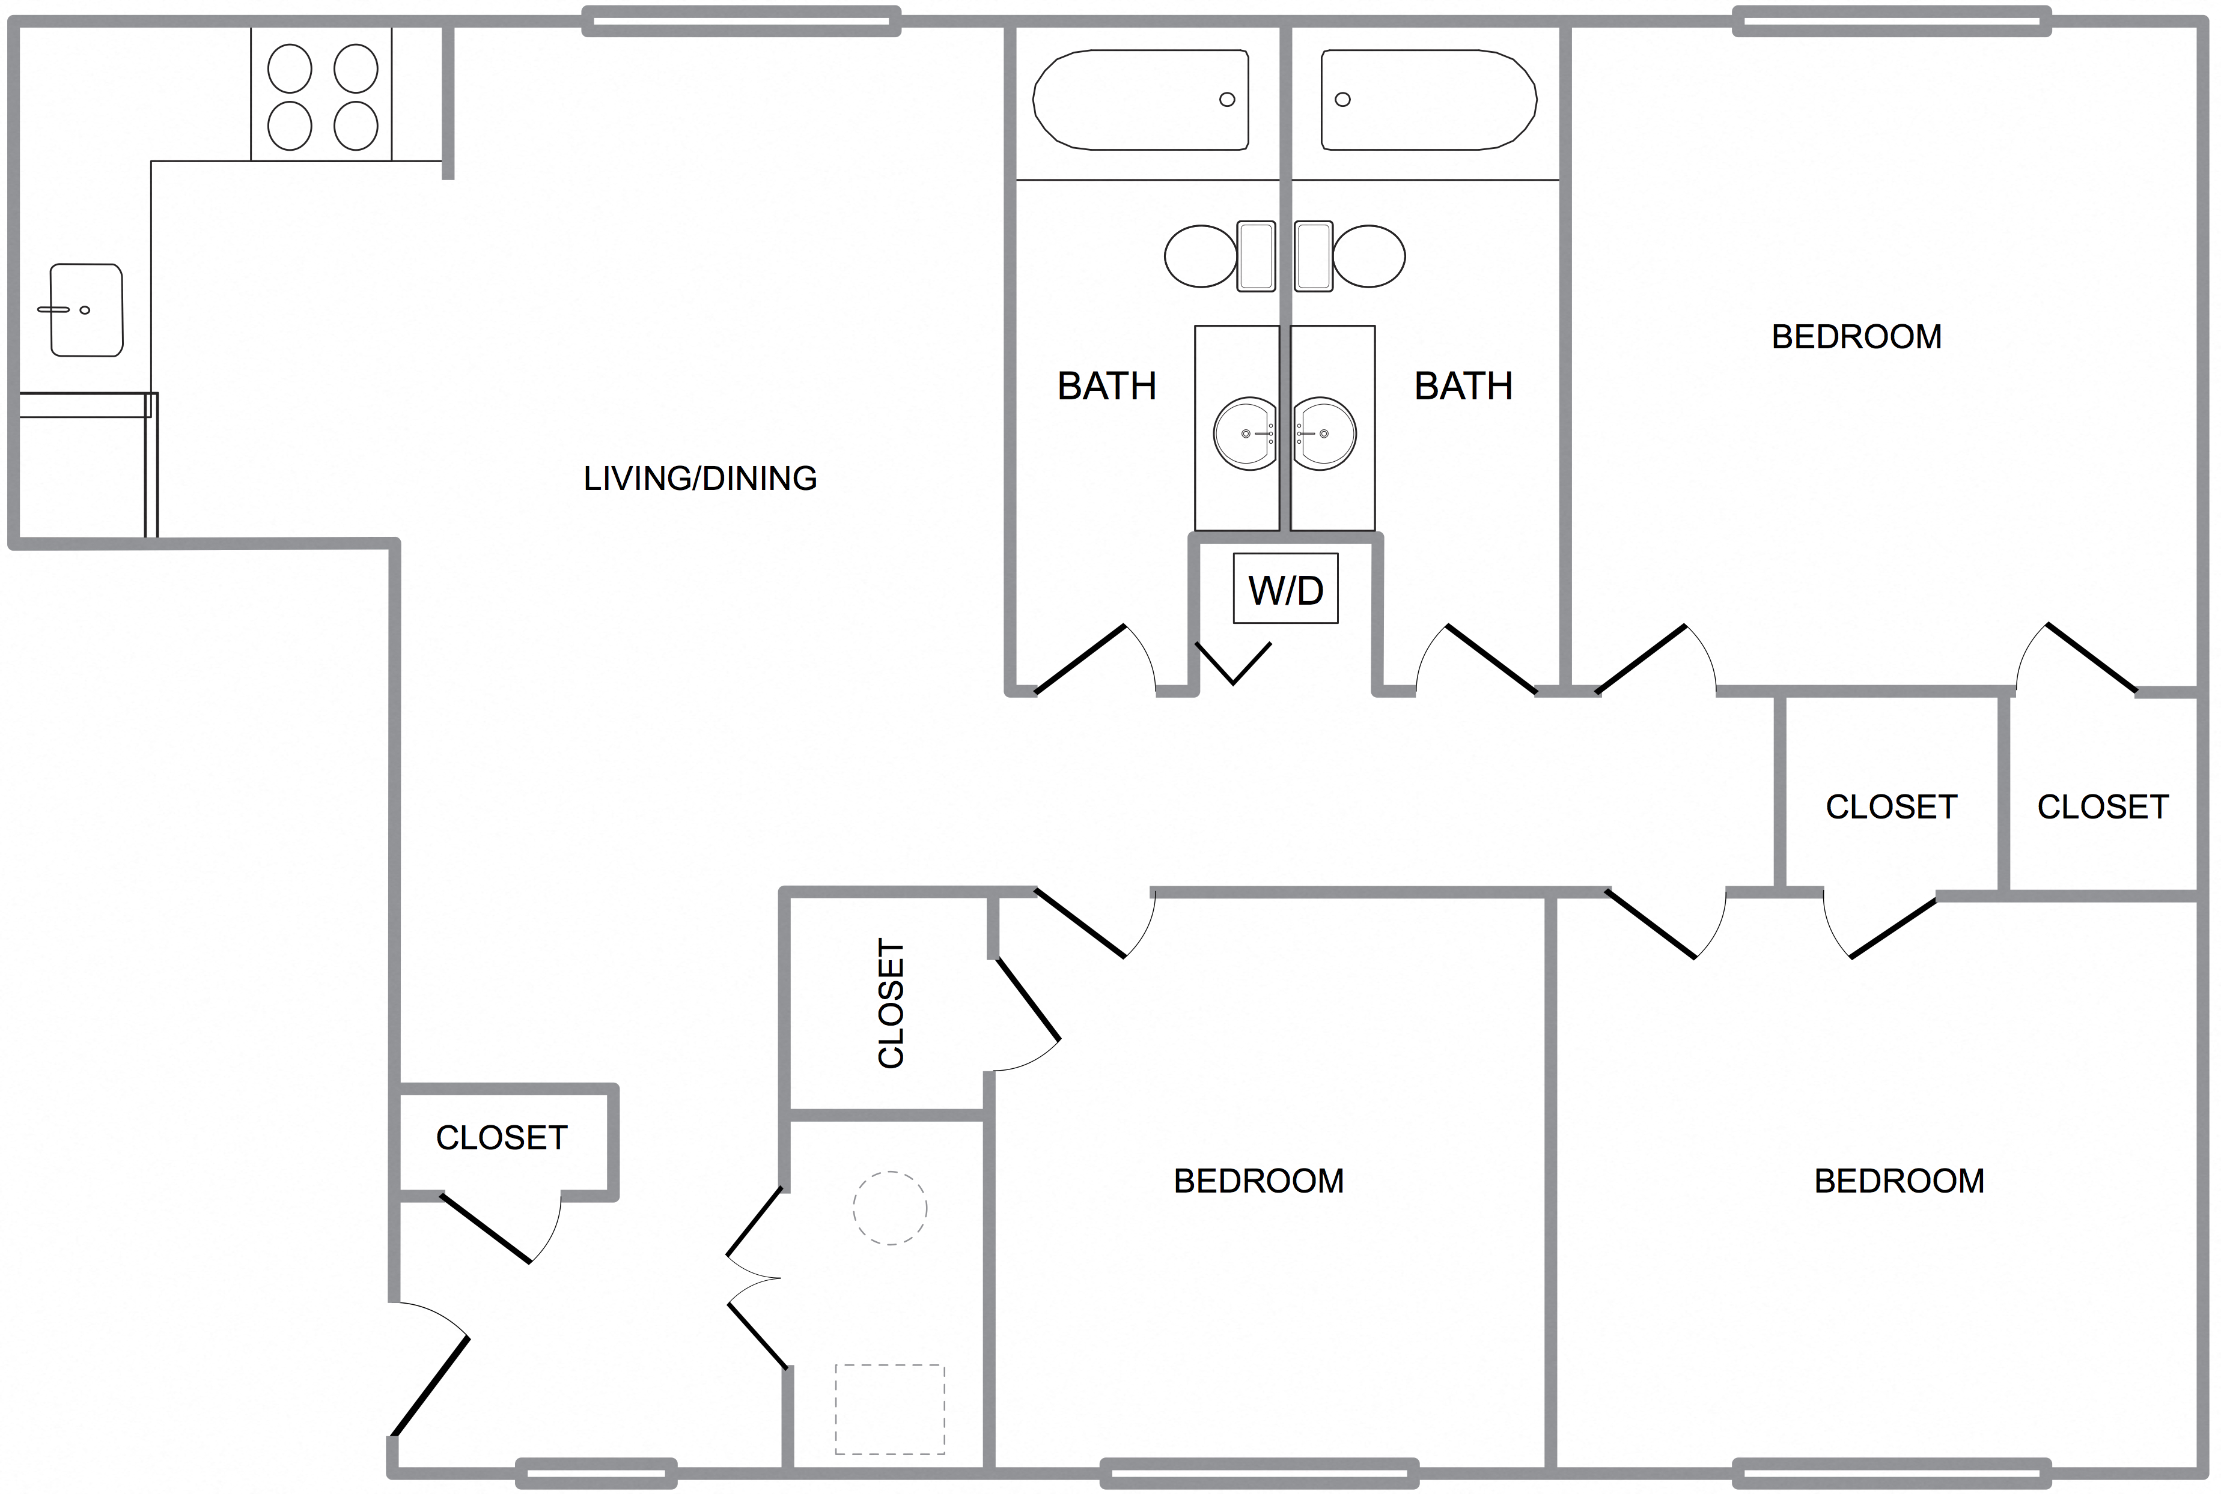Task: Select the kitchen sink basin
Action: (86, 310)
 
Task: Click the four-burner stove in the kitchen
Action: (322, 96)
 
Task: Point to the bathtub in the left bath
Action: (1141, 100)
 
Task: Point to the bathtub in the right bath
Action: (1428, 100)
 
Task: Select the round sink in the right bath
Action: (1324, 434)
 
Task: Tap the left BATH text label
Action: (1107, 387)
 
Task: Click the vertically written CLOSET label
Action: (891, 1003)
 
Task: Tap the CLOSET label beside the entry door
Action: (501, 1138)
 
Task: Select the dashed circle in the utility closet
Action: (889, 1208)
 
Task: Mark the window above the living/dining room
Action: (741, 21)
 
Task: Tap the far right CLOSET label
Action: (2102, 807)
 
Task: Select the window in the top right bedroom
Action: (1891, 21)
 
